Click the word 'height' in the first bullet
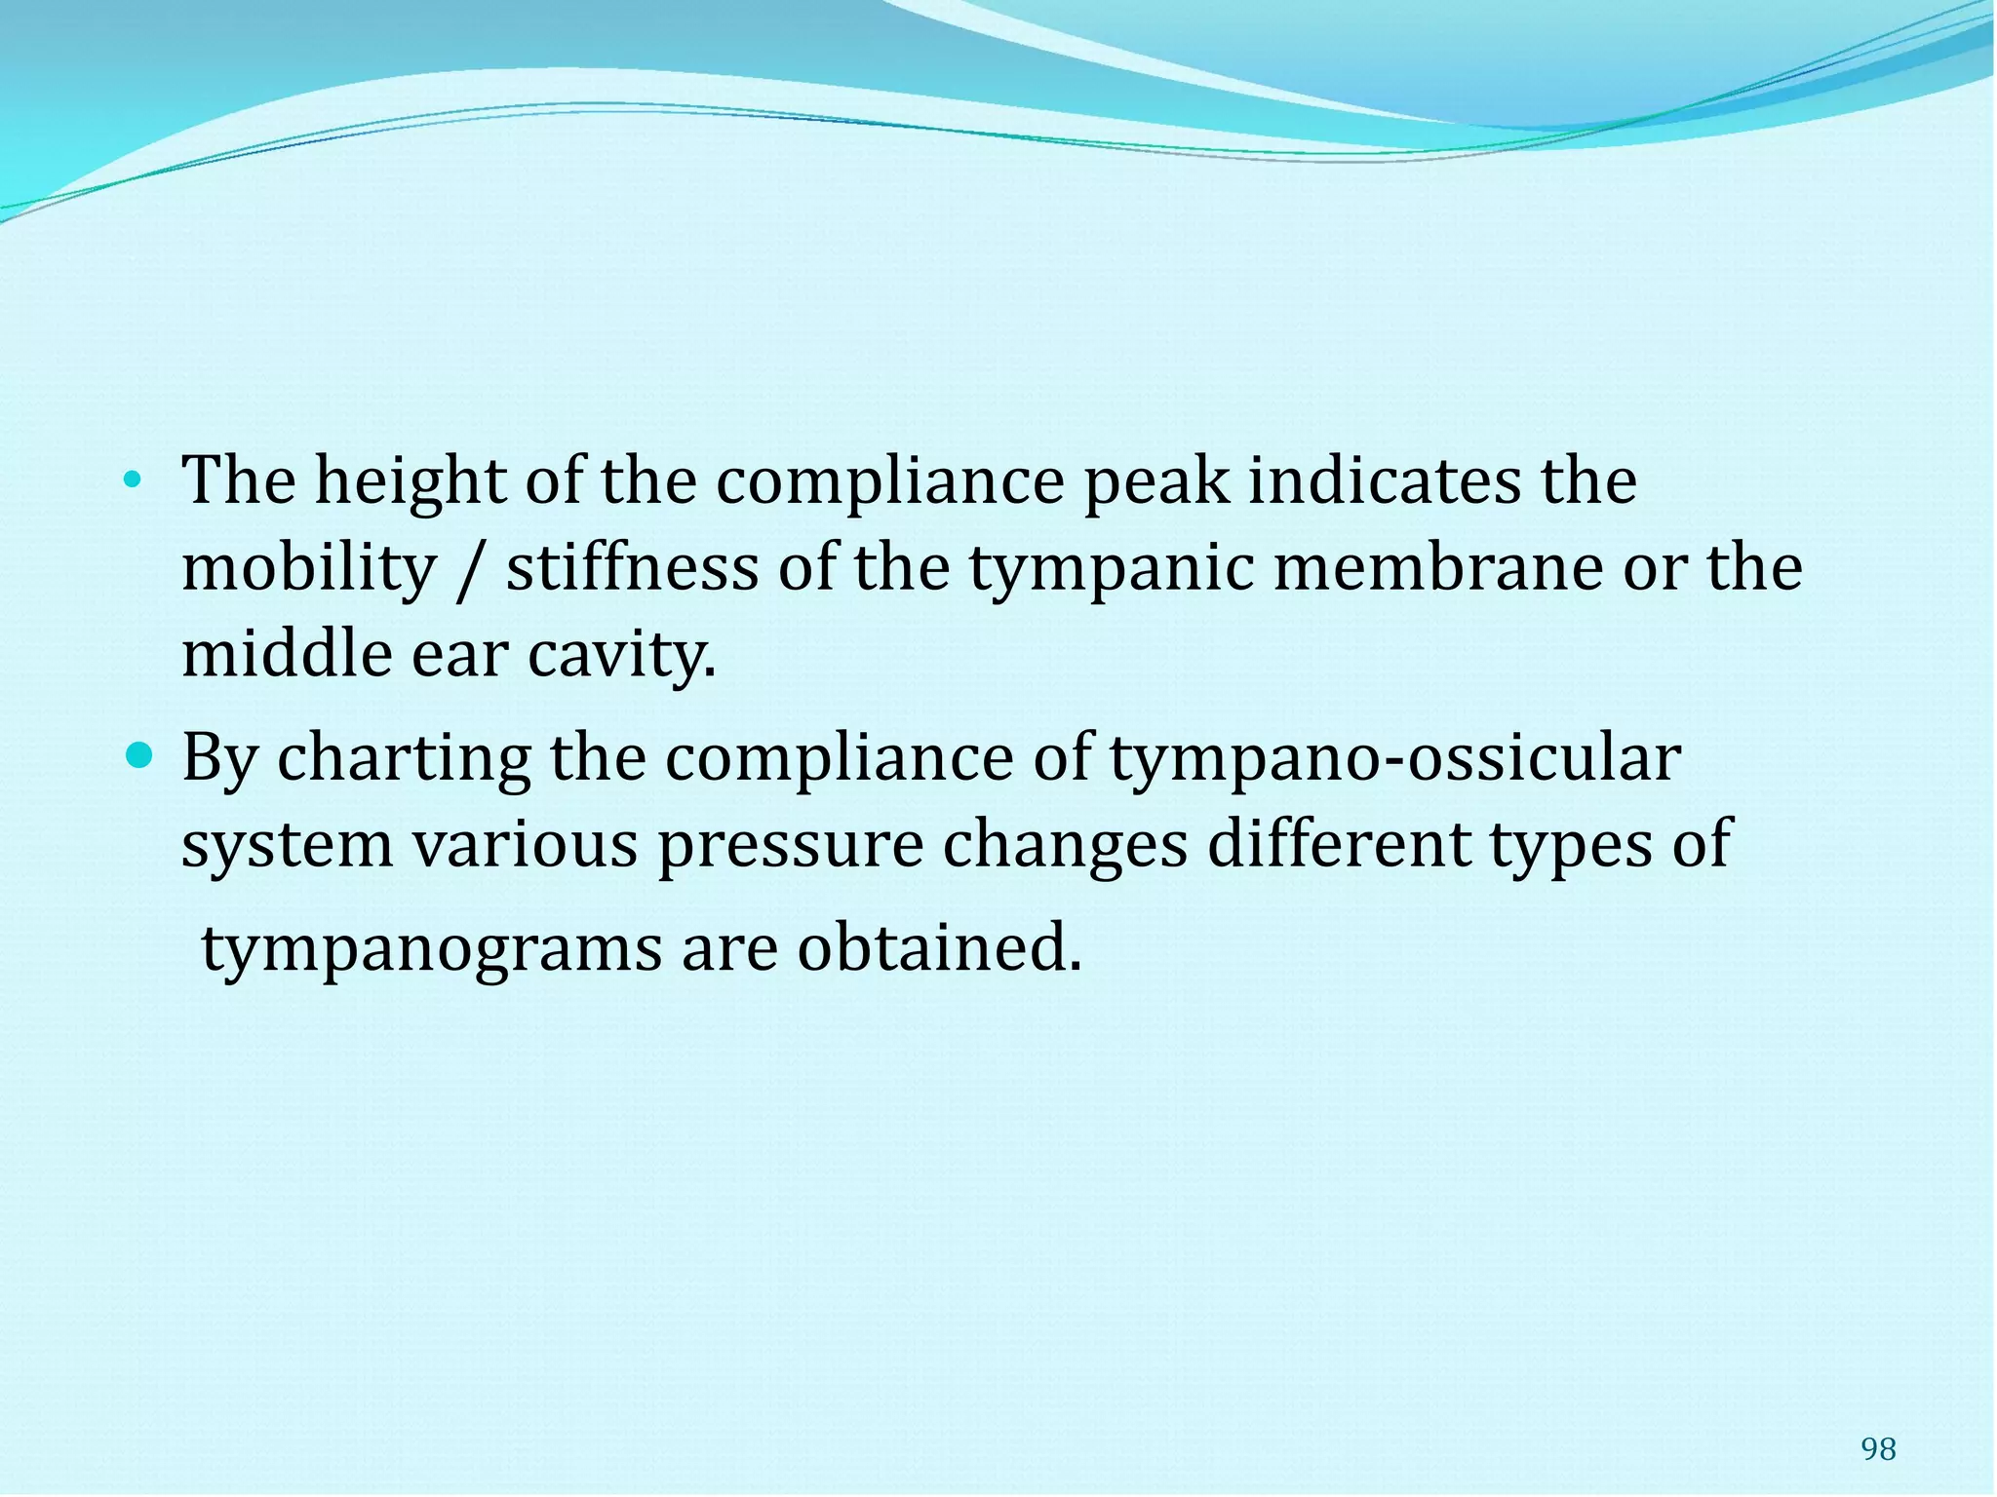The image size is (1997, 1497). [x=410, y=481]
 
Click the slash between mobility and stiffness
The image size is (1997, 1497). [x=470, y=570]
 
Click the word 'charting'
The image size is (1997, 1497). [x=404, y=759]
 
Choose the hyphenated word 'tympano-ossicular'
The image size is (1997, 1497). [x=1394, y=759]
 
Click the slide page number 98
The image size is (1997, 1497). [x=1878, y=1450]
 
